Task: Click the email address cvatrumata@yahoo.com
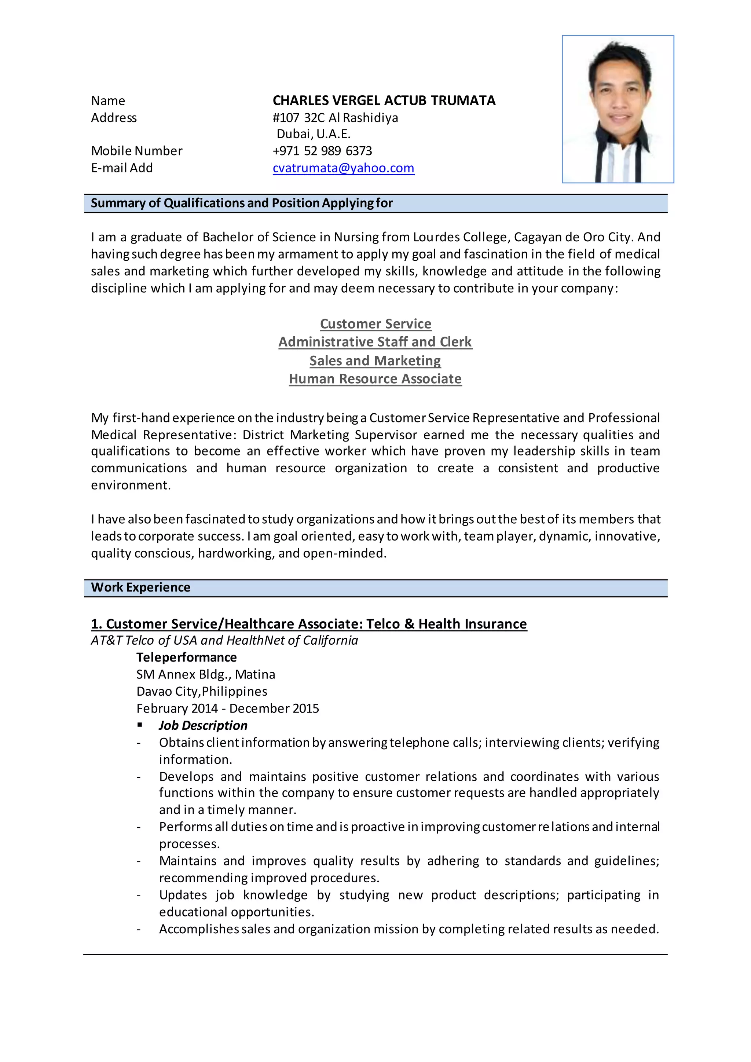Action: pos(343,168)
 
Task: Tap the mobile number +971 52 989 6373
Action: pos(322,151)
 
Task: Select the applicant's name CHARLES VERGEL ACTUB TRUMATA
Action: pos(384,100)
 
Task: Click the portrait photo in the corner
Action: pos(618,109)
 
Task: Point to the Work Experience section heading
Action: pos(140,587)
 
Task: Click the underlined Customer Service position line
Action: pos(375,324)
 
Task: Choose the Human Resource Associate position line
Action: pos(375,379)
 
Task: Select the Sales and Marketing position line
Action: pos(375,360)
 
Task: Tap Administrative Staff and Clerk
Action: pos(375,342)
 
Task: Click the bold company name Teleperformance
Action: pos(186,657)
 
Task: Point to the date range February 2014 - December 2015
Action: pos(227,708)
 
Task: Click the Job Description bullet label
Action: pos(203,725)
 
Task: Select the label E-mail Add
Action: pos(122,168)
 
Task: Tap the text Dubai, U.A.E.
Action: pos(314,134)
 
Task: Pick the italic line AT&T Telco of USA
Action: pos(224,640)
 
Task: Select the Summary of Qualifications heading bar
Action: pos(241,203)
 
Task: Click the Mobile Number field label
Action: pos(136,151)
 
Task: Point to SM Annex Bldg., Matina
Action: pos(205,674)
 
